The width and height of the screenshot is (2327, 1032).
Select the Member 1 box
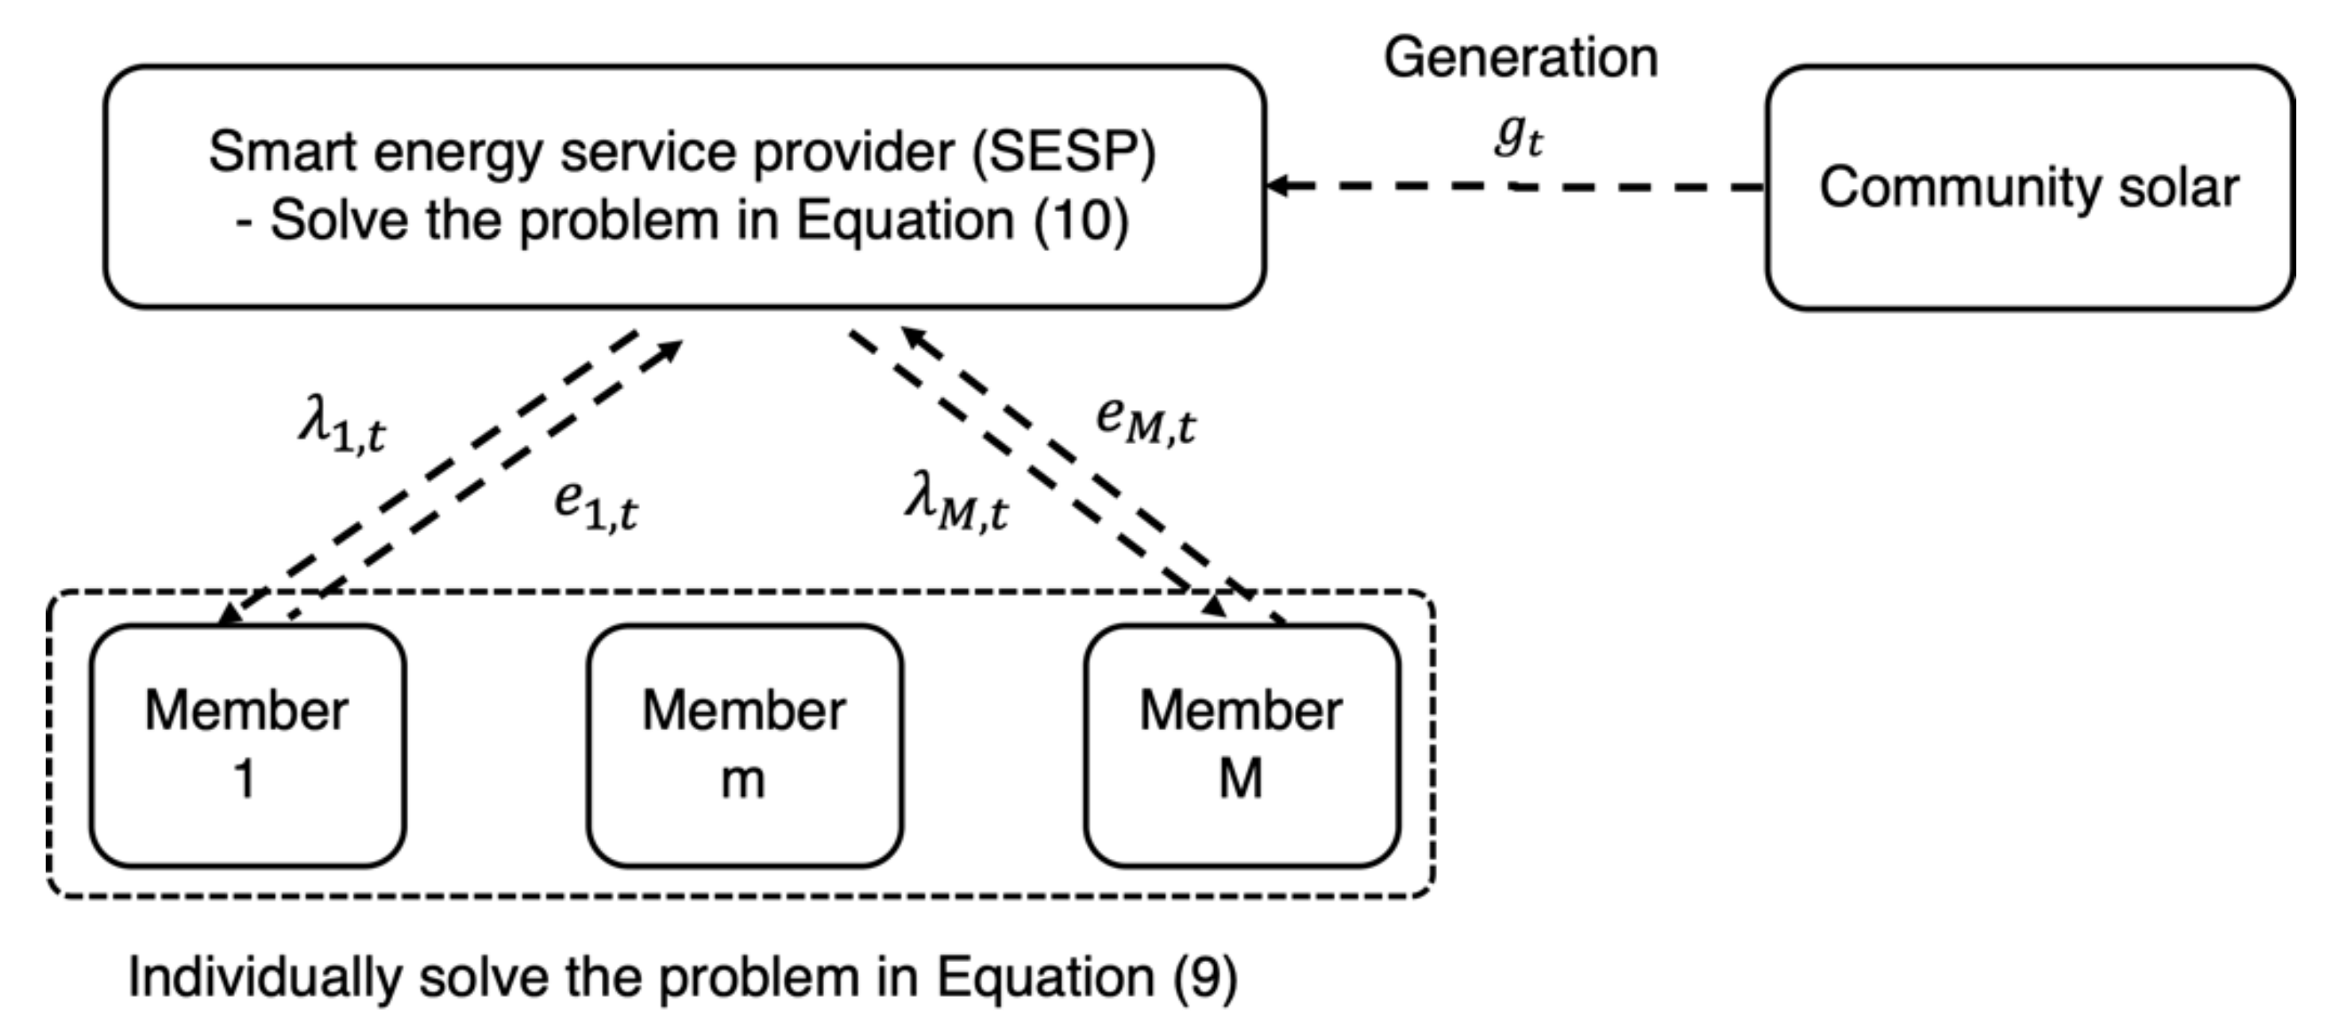point(247,744)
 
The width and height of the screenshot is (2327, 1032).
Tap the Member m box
point(745,744)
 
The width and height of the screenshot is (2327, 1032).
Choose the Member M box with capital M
point(1242,744)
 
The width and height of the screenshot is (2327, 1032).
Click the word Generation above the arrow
point(1520,58)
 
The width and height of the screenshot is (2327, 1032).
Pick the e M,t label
point(1146,420)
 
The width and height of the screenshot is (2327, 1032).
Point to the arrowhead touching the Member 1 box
point(229,614)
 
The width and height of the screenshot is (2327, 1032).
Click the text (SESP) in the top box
point(1063,152)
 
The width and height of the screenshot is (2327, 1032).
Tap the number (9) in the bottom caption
point(1204,978)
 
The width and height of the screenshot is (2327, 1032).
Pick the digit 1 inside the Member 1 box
point(244,779)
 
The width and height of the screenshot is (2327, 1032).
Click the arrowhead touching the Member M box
point(1214,604)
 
